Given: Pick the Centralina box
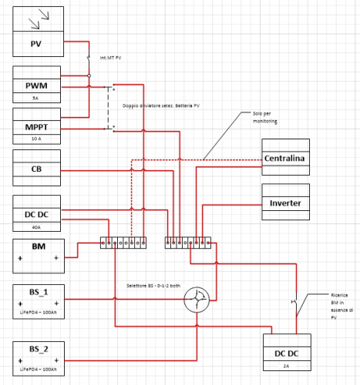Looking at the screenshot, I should pyautogui.click(x=285, y=159).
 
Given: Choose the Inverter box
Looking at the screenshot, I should pyautogui.click(x=285, y=203).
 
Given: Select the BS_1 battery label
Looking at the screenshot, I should pyautogui.click(x=38, y=293).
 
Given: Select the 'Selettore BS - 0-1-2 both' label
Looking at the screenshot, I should pyautogui.click(x=153, y=284).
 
